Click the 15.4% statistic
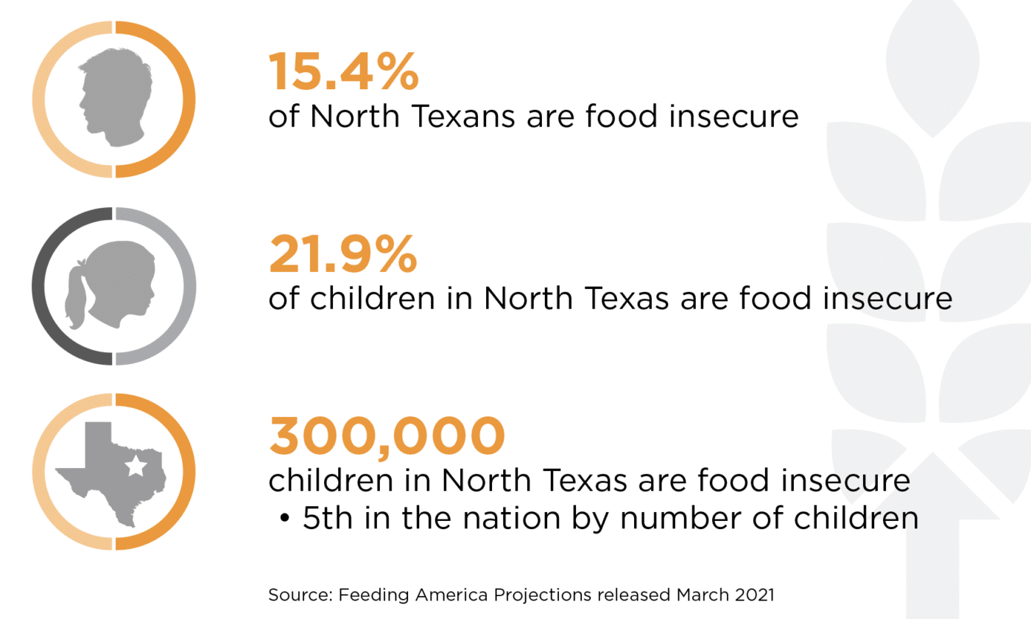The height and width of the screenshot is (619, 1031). click(x=343, y=72)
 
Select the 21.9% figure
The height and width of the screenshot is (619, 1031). click(x=342, y=255)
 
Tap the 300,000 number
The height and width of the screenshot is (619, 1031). click(x=387, y=436)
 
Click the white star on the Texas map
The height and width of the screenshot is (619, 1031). click(x=135, y=466)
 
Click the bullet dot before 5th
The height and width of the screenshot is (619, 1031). click(x=284, y=519)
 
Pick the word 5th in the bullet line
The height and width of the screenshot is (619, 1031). click(x=327, y=518)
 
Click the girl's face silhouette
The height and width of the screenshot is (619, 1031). click(x=129, y=284)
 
